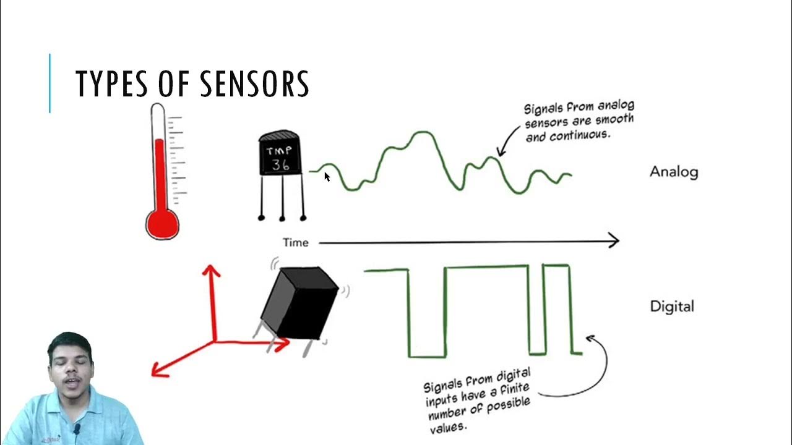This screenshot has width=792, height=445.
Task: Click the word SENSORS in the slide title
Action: [254, 84]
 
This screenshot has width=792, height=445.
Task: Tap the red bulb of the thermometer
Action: [162, 223]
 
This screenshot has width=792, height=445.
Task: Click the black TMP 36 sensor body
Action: [280, 155]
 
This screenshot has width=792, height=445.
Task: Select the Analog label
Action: [674, 172]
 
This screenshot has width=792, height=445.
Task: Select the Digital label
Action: [672, 306]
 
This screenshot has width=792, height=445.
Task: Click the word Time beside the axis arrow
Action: [296, 243]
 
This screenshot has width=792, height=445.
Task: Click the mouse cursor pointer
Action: [327, 177]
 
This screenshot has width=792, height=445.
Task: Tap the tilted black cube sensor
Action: [300, 303]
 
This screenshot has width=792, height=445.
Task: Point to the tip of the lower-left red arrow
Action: [154, 373]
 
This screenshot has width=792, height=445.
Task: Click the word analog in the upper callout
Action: [615, 107]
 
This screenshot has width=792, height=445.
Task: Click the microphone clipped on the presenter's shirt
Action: [77, 428]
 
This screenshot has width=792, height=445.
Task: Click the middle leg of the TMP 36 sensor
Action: [282, 198]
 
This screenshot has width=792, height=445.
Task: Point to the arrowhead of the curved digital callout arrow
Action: [589, 337]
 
